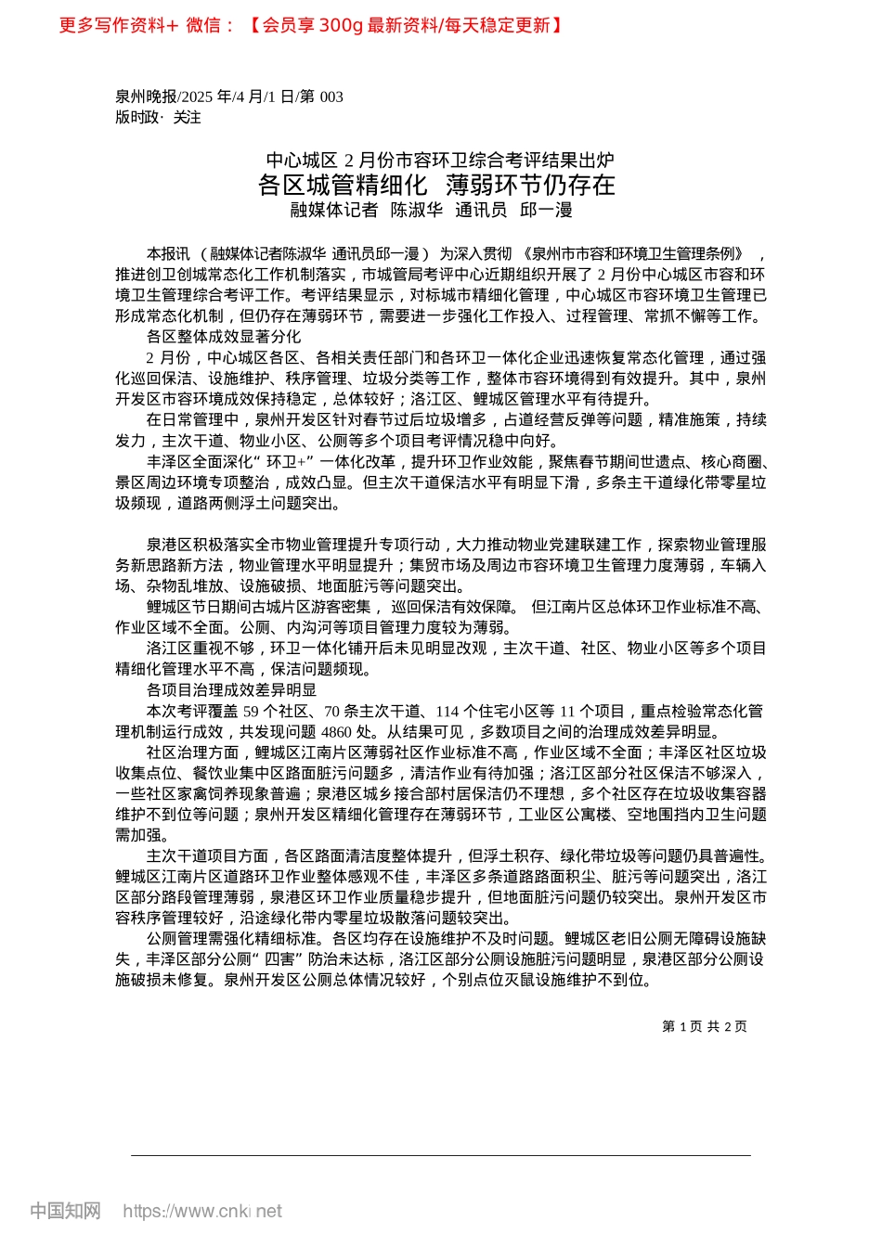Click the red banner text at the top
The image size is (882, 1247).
(311, 25)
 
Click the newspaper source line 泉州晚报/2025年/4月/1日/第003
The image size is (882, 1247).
(229, 96)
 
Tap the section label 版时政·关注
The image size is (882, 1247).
(158, 117)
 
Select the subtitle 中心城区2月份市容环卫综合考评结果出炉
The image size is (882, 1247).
(440, 160)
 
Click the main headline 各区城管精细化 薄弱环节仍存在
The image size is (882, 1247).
(436, 185)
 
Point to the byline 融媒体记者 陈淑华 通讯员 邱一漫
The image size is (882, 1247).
(432, 210)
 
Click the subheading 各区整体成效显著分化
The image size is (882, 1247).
(224, 336)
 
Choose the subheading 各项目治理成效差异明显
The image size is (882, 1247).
(231, 689)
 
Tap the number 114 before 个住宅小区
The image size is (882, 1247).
(447, 711)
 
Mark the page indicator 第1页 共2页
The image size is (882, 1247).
(705, 1026)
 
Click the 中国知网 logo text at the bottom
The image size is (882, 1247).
(65, 1211)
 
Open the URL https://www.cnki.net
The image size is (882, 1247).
(202, 1211)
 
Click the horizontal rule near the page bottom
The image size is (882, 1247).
(440, 1155)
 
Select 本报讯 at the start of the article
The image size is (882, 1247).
(168, 253)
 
